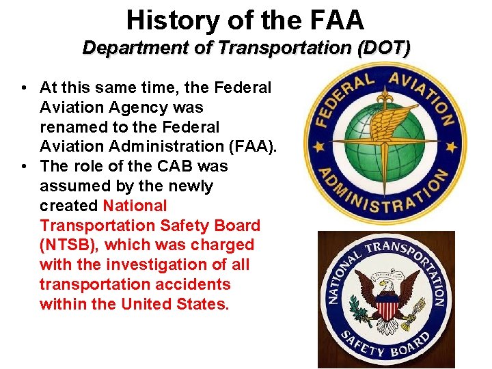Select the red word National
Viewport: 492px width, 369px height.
[135, 205]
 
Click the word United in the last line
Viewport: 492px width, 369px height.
[147, 303]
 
